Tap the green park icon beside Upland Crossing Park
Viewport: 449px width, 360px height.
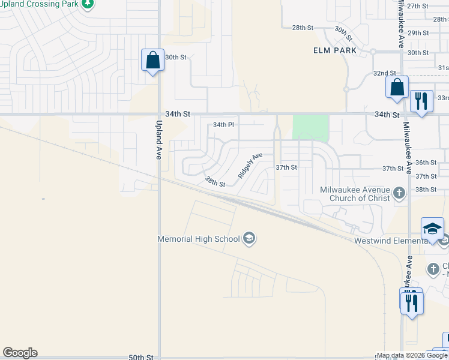pyautogui.click(x=88, y=4)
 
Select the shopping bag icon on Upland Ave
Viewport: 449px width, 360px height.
pyautogui.click(x=152, y=61)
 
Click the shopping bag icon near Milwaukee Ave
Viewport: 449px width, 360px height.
pyautogui.click(x=397, y=87)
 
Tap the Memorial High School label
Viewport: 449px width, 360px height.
pyautogui.click(x=198, y=239)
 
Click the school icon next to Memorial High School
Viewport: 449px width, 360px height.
pyautogui.click(x=249, y=239)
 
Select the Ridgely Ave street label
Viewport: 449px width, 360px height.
pyautogui.click(x=250, y=166)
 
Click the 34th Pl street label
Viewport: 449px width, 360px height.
pyautogui.click(x=223, y=125)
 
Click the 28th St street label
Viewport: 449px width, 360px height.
pyautogui.click(x=303, y=28)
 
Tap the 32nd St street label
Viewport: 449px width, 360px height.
pyautogui.click(x=384, y=73)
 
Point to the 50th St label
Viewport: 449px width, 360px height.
pyautogui.click(x=141, y=357)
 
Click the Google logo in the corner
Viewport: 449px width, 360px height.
pyautogui.click(x=20, y=353)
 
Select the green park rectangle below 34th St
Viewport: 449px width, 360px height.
pyautogui.click(x=310, y=128)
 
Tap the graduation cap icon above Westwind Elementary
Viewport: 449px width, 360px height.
pyautogui.click(x=432, y=229)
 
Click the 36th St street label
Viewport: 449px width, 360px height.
pyautogui.click(x=426, y=163)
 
